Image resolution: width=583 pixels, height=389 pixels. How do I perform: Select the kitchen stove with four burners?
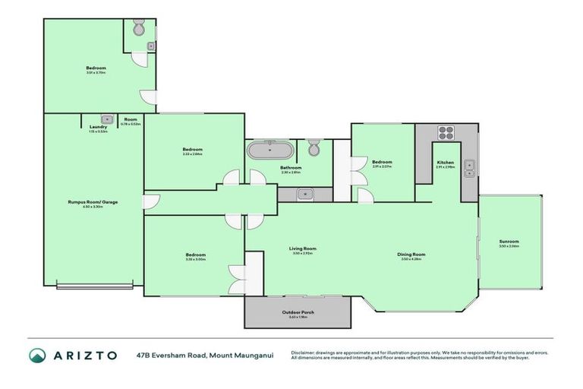click(445, 134)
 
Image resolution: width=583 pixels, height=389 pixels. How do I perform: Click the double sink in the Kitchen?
click(469, 168)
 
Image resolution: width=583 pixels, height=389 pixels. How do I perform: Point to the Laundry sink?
click(107, 119)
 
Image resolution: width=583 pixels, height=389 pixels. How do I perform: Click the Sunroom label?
click(509, 242)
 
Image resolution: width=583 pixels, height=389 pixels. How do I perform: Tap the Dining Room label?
click(411, 255)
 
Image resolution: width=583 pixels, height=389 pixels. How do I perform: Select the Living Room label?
click(302, 248)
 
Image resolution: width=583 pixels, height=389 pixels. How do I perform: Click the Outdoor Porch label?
click(297, 312)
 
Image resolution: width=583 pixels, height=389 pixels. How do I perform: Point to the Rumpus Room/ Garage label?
click(93, 202)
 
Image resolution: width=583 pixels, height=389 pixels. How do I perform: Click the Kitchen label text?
click(446, 163)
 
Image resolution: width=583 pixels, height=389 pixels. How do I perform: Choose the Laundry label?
click(98, 127)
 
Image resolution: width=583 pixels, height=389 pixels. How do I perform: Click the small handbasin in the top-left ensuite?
click(150, 47)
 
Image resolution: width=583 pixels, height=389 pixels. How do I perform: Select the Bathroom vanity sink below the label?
click(304, 194)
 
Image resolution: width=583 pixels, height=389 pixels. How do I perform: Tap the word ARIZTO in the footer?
click(84, 356)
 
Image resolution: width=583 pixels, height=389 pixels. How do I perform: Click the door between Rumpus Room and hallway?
click(150, 201)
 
